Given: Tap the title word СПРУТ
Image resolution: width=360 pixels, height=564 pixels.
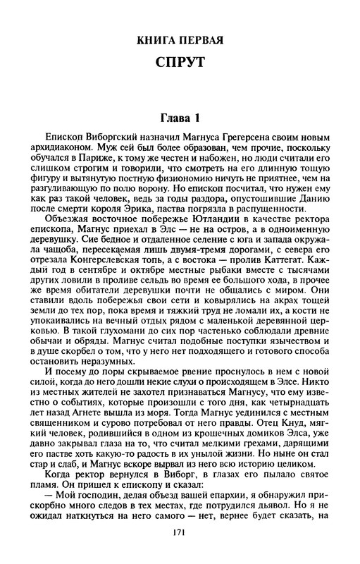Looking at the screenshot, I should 180,63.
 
